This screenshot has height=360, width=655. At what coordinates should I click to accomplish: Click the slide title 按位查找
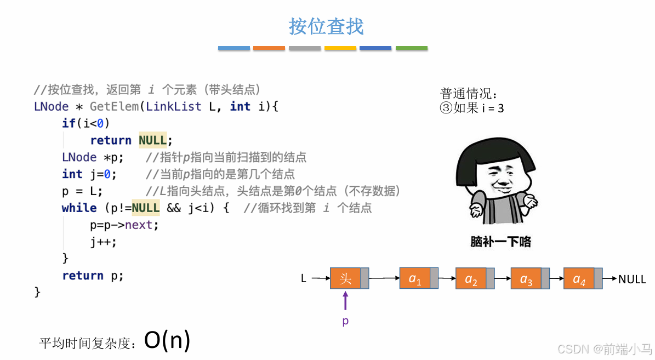coord(327,26)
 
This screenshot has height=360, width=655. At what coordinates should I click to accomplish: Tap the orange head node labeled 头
coord(345,278)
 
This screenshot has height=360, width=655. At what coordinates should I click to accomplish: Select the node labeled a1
coord(415,278)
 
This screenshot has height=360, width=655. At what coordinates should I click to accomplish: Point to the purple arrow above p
coord(345,301)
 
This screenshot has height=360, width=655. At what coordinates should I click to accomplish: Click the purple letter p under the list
coord(345,321)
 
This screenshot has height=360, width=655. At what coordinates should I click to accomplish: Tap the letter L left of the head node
coord(304,279)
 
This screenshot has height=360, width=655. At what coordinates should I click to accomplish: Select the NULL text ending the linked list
coord(632,279)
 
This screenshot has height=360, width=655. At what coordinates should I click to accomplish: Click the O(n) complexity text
coord(167,340)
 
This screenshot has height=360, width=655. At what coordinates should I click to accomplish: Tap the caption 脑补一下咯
coord(500,242)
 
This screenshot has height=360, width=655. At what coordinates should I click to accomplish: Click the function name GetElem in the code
coord(114,106)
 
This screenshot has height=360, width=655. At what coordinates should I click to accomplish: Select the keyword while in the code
coord(79,208)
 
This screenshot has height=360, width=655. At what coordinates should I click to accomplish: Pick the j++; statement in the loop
coord(104,242)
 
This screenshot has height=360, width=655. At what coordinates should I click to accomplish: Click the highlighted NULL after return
coord(153,140)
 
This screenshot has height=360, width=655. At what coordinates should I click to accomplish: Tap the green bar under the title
coord(411,48)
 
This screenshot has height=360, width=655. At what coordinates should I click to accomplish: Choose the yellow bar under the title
coord(340,48)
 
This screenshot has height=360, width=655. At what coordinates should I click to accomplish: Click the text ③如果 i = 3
coord(472,108)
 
